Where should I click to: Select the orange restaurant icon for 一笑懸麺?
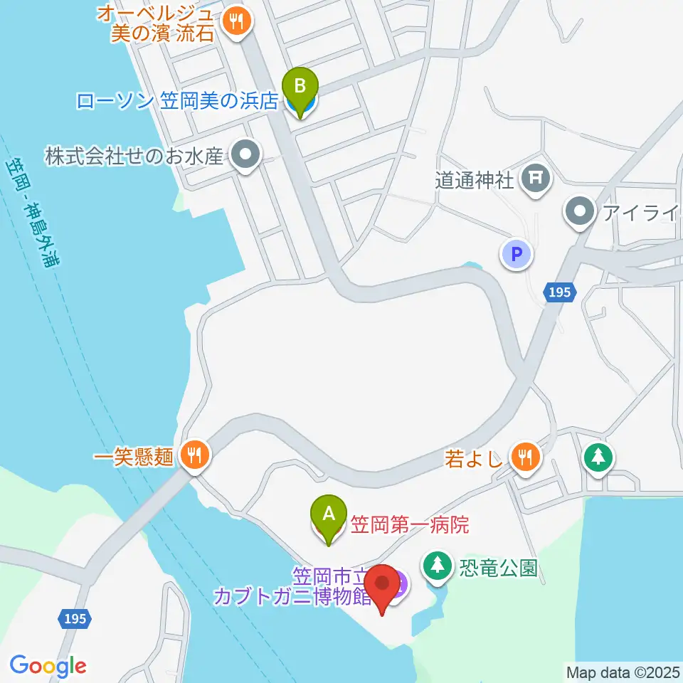[194, 455]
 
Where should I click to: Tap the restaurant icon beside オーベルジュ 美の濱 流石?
[234, 21]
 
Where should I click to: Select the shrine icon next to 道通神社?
[534, 180]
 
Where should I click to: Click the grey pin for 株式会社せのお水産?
[246, 154]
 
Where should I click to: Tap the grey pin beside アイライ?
[581, 211]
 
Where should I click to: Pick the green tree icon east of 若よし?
[598, 456]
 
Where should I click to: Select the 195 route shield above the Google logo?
[75, 618]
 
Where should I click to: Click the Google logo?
[48, 665]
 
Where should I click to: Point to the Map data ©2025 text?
[623, 671]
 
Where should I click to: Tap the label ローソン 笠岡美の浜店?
[176, 101]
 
